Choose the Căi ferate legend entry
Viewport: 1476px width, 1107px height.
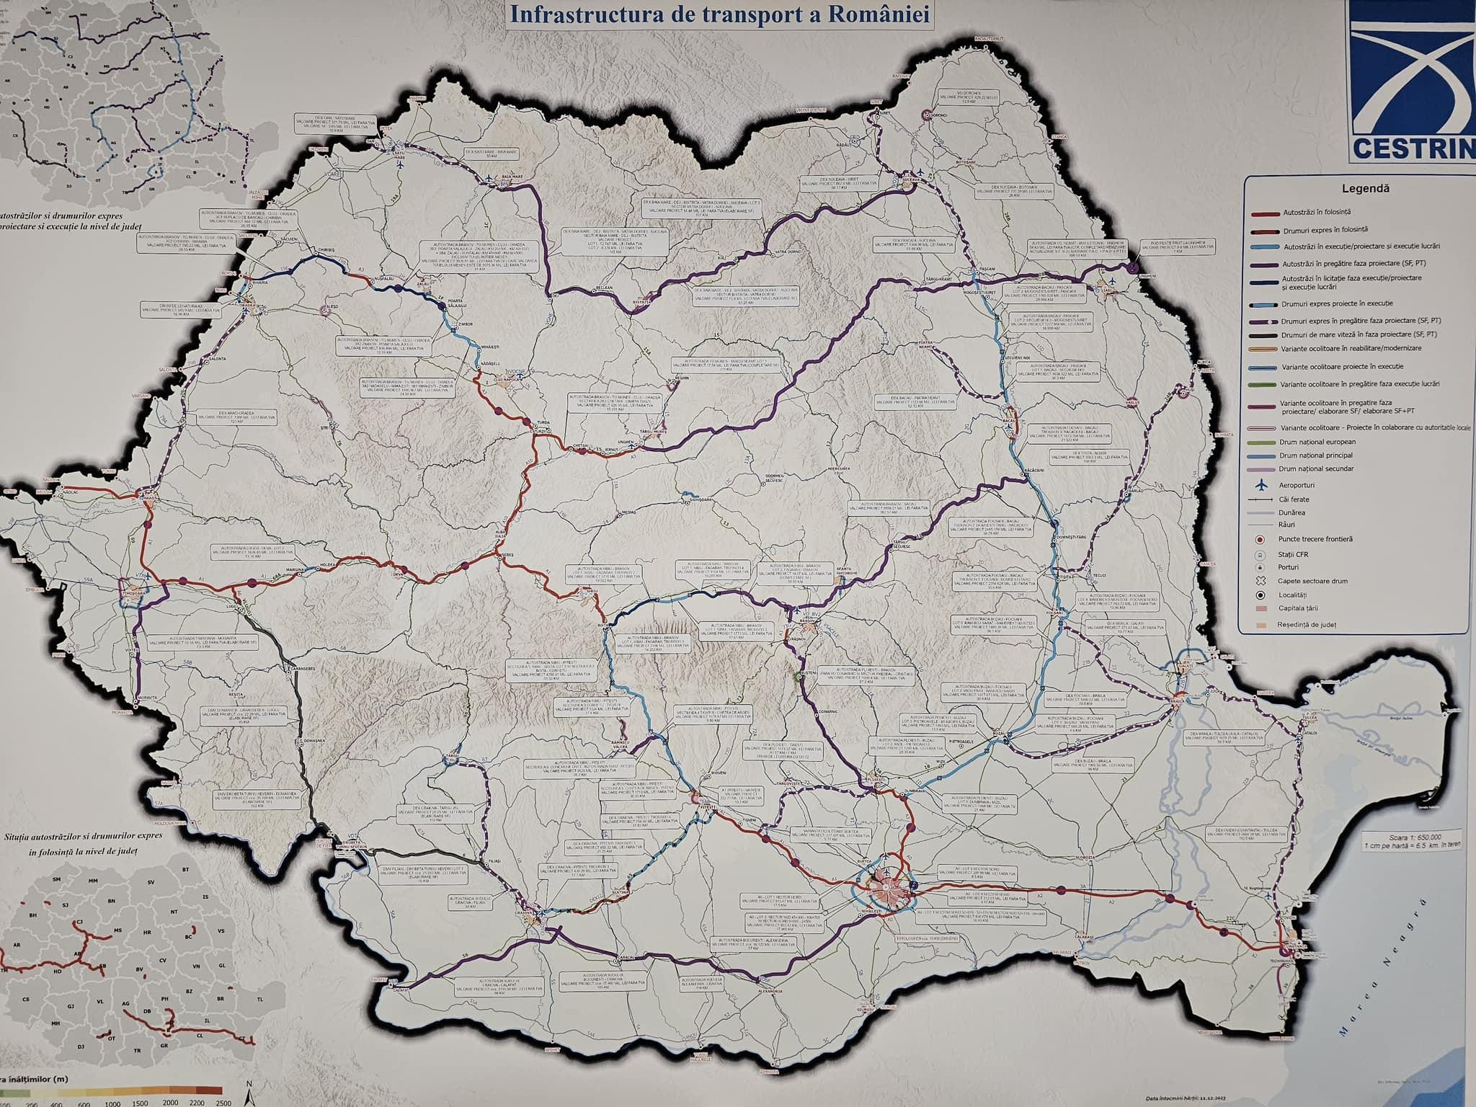coord(1294,499)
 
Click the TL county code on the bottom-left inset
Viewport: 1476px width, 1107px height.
coord(259,1000)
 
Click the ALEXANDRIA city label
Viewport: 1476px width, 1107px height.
coord(769,992)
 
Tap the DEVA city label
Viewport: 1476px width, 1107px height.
coord(397,574)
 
